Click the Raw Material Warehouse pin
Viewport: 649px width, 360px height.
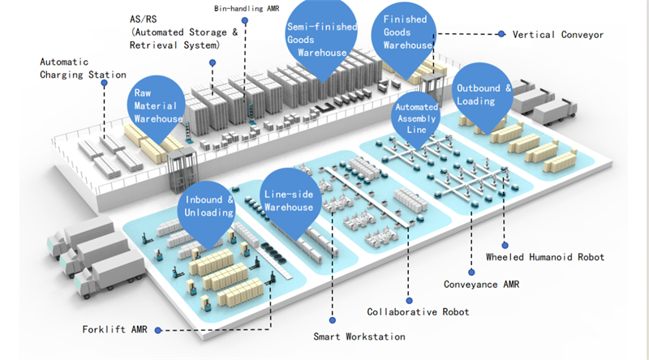click(157, 105)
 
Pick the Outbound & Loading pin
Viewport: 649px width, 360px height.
click(482, 94)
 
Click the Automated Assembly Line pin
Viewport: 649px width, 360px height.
click(415, 118)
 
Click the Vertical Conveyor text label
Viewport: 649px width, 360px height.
click(558, 35)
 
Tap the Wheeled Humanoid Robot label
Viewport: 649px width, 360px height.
click(545, 257)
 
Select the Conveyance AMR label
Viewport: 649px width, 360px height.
click(481, 285)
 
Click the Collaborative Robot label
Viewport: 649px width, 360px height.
click(418, 311)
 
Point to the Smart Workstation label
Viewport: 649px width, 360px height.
click(359, 336)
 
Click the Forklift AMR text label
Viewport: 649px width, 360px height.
click(114, 329)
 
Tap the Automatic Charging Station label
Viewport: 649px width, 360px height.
click(83, 68)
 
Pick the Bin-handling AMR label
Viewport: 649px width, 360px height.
click(247, 8)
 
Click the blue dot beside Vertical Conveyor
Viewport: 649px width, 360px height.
click(501, 34)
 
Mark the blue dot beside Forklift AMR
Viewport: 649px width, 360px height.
click(157, 330)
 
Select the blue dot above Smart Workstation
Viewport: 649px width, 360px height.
click(333, 320)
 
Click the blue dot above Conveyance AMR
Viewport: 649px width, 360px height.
click(471, 272)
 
